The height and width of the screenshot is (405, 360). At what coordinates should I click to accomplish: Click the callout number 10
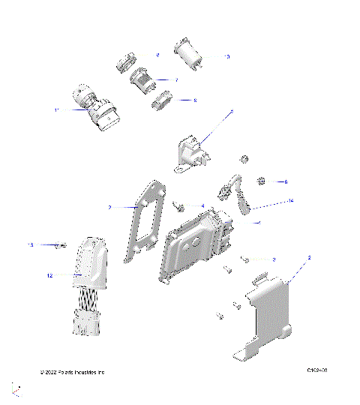[226, 57]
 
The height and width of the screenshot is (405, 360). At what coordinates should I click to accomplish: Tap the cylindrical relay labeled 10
[187, 52]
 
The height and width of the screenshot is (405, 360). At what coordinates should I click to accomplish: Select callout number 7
[176, 79]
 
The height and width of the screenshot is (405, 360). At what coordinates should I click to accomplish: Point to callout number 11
[56, 110]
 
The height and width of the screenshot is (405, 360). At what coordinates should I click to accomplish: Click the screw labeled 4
[180, 205]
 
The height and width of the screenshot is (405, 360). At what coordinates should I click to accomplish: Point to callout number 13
[31, 245]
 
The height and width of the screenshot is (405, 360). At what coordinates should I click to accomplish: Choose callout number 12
[49, 276]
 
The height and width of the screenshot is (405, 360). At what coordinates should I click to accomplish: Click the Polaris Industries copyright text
[72, 372]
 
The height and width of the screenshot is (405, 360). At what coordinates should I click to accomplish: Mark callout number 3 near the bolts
[274, 259]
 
